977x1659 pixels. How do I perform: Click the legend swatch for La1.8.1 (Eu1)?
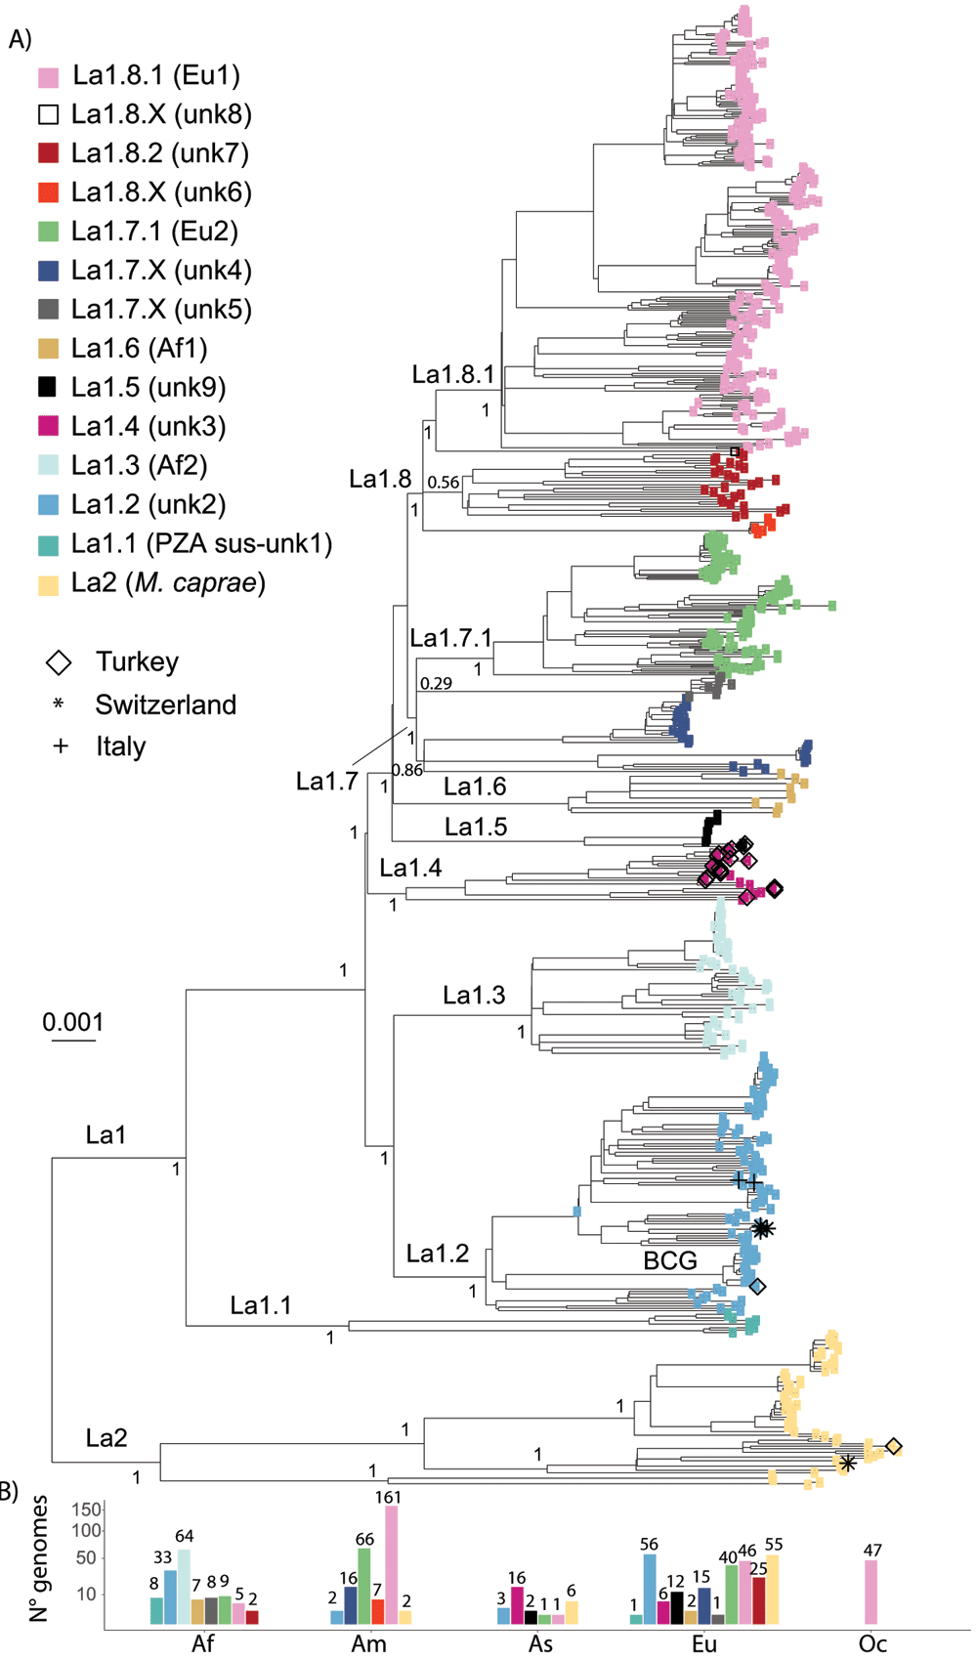point(48,76)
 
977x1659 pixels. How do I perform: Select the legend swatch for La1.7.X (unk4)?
point(48,271)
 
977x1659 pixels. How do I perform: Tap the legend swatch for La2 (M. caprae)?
point(48,584)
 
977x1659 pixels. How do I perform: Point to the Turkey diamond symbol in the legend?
point(59,662)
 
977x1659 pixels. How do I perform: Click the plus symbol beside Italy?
point(60,745)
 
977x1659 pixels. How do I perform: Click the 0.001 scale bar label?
point(72,1022)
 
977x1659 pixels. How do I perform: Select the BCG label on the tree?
point(670,1259)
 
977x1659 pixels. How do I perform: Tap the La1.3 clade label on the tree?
point(474,995)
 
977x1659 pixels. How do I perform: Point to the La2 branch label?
point(106,1437)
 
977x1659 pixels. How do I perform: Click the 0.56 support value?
point(444,482)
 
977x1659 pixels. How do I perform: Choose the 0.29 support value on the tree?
point(437,683)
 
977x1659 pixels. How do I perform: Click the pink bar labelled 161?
point(392,1565)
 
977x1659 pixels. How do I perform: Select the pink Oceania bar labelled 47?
point(871,1593)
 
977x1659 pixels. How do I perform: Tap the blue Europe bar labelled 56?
point(650,1590)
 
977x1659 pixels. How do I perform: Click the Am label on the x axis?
point(369,1643)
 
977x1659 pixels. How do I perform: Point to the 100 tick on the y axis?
point(86,1530)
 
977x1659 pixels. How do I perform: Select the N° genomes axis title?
point(38,1557)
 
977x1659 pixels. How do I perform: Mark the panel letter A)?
point(20,38)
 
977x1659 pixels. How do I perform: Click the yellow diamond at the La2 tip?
point(893,1446)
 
